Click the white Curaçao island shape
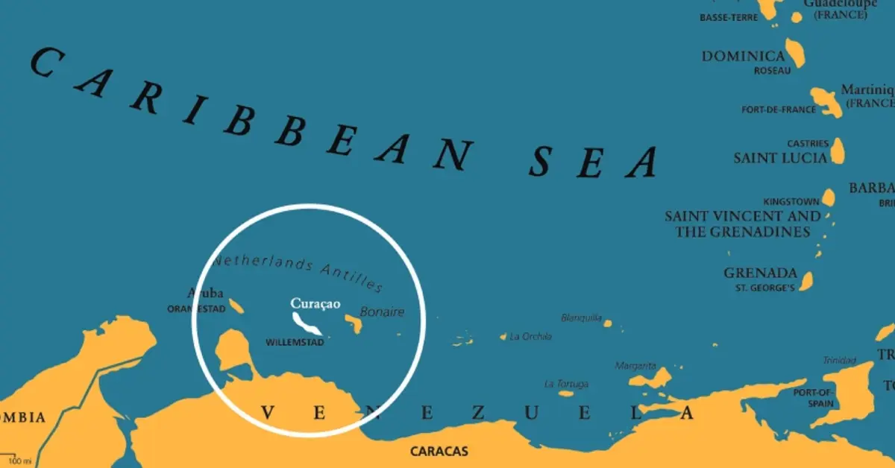click(306, 323)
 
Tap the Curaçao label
click(315, 303)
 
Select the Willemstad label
click(295, 343)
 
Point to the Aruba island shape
click(236, 306)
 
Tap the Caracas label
click(439, 451)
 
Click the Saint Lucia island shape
click(837, 150)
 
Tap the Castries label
click(808, 143)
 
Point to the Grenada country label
click(760, 273)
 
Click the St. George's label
click(764, 288)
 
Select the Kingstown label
click(791, 202)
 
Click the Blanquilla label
click(581, 317)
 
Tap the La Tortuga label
click(566, 384)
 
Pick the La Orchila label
click(530, 337)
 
